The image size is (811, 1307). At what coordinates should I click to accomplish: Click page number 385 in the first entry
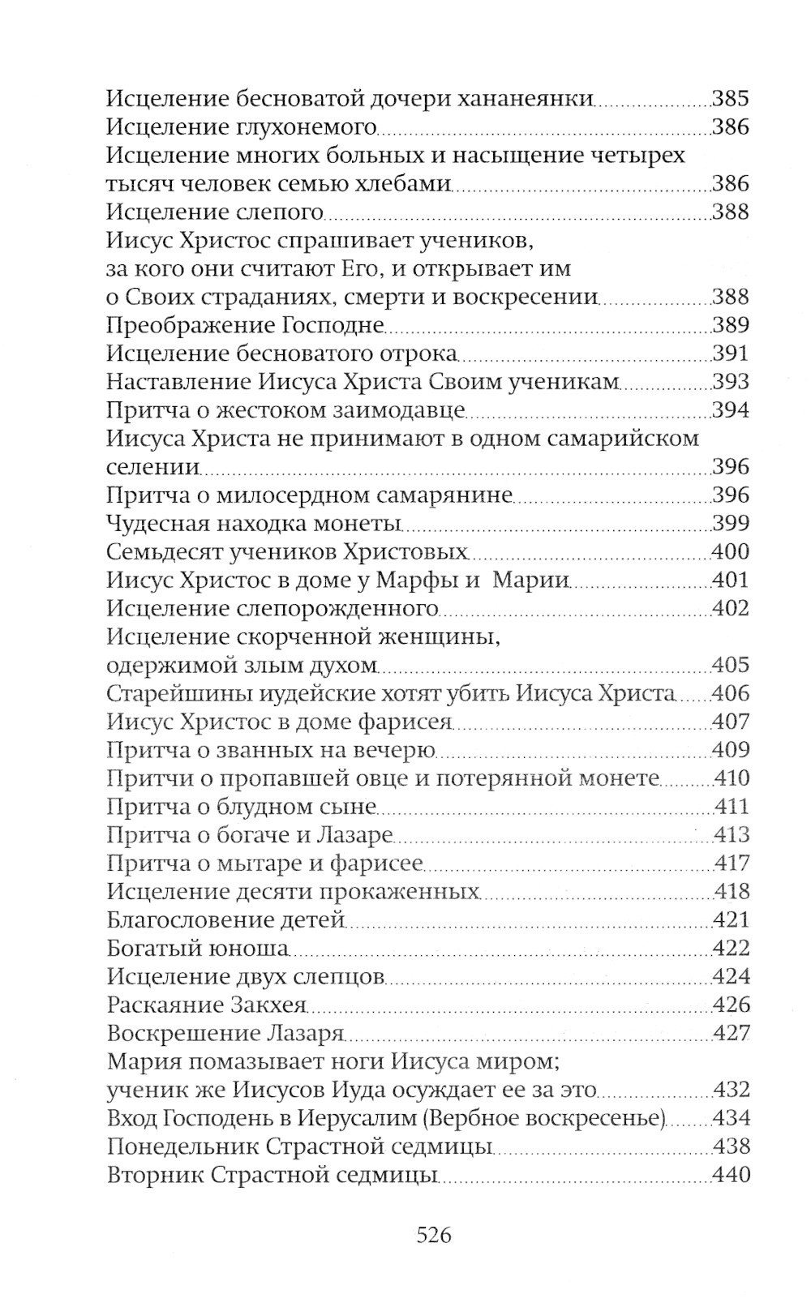point(730,99)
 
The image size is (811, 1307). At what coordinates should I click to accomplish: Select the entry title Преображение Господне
point(244,325)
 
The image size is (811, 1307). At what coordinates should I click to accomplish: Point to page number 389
point(730,325)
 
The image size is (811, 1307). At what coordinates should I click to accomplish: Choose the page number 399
point(730,523)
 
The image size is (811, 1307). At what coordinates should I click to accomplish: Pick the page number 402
point(730,608)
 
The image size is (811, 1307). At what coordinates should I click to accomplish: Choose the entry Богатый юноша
point(198,949)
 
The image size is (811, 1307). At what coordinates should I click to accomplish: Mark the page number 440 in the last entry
point(730,1175)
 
